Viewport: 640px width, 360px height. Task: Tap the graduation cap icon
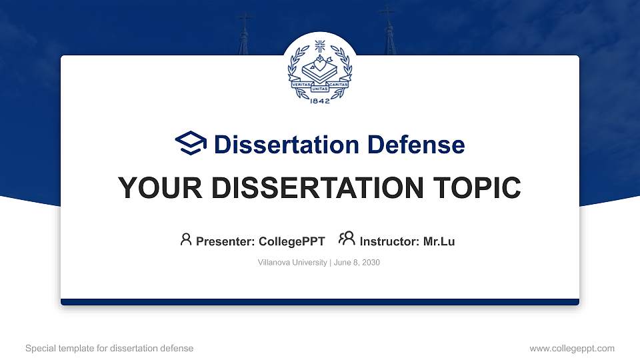[191, 144]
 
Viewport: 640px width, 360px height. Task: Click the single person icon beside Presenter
[186, 239]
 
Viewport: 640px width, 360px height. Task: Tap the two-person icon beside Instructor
[347, 239]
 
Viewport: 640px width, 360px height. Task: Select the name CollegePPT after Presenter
[291, 241]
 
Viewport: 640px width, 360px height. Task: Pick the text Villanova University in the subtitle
[291, 263]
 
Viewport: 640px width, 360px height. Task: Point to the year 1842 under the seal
[320, 101]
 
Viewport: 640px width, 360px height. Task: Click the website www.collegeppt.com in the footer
[571, 348]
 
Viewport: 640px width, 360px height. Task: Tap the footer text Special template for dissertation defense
[109, 348]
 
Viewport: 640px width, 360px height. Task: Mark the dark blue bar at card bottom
[320, 302]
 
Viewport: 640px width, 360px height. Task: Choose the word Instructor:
[389, 241]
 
